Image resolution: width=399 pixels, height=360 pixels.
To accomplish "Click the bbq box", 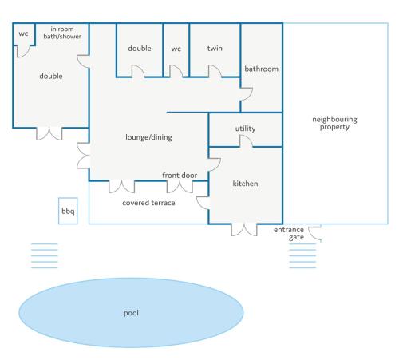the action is (x=68, y=211).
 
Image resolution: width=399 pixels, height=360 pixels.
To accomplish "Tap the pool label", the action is (x=131, y=313).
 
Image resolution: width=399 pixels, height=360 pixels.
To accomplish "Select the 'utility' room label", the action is (x=245, y=129).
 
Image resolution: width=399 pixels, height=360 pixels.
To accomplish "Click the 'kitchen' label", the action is (x=245, y=184).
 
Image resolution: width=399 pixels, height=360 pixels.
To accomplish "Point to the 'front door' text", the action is (x=180, y=175).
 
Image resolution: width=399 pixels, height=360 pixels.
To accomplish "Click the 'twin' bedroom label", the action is (x=215, y=48).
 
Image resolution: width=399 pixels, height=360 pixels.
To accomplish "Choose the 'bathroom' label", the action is (x=262, y=69).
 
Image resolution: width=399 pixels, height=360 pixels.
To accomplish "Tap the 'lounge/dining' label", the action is (x=148, y=137).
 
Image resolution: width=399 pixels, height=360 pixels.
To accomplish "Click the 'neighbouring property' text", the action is (x=334, y=123).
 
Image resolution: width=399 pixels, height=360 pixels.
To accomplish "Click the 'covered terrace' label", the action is (x=148, y=203).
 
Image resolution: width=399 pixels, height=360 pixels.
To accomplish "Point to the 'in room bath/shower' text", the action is (x=62, y=33).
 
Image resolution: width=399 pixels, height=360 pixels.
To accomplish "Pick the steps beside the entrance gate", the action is (x=302, y=255).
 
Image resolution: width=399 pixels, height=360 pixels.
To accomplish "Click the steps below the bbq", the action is (x=45, y=255).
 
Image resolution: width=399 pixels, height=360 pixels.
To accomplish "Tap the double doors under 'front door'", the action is (x=180, y=187).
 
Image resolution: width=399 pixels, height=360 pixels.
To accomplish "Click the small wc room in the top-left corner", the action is (x=24, y=34).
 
